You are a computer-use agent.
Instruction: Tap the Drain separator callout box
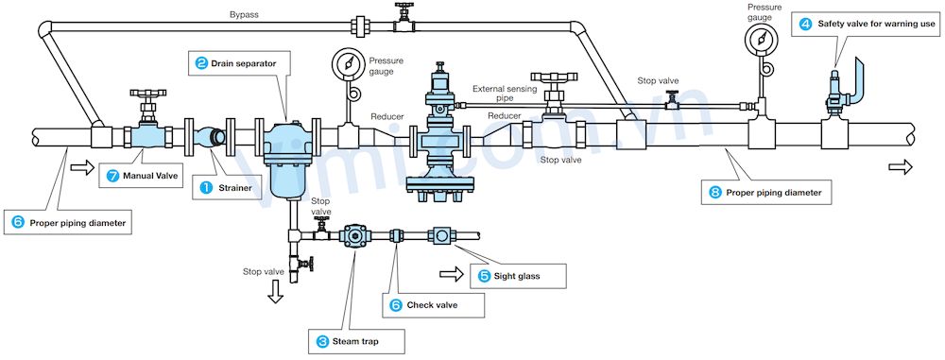(236, 63)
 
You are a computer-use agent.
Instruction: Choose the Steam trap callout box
(351, 340)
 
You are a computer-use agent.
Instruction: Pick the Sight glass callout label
(517, 276)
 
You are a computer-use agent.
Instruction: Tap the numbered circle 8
(717, 193)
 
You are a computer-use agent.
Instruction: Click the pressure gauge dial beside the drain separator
(349, 64)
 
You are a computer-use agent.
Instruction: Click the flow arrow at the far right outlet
(901, 167)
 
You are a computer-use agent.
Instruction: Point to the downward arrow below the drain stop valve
(276, 294)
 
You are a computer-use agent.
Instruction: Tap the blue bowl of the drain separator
(283, 177)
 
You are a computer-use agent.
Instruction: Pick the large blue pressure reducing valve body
(441, 142)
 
